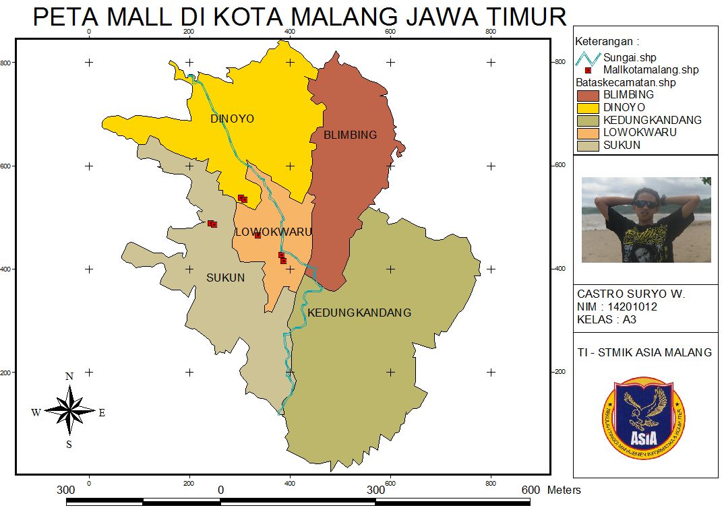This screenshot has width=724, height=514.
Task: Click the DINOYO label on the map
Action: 232,119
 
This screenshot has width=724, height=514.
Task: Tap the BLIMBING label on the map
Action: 350,135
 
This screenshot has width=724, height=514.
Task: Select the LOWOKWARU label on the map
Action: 273,232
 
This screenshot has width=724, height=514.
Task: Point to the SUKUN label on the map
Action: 225,278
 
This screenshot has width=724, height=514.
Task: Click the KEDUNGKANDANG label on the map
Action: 359,313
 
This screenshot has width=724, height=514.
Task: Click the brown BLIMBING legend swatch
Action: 588,96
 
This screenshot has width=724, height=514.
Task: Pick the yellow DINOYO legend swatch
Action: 588,108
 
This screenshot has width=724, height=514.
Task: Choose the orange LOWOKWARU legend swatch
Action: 588,133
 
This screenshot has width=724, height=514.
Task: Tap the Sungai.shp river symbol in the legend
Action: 587,58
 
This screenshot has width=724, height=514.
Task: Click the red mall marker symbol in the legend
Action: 588,70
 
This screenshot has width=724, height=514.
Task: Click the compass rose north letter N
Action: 69,377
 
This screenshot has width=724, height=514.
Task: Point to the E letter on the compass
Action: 102,413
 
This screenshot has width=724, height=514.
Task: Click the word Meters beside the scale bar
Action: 564,490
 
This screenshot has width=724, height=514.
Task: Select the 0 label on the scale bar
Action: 220,490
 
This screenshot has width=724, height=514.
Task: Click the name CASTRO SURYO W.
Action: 630,294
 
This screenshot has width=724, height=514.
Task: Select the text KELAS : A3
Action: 606,320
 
